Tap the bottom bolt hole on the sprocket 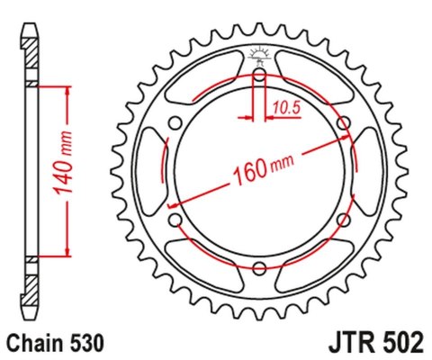coord(259,267)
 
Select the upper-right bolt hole coord(343,122)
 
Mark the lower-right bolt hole coord(343,219)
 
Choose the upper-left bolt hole coord(175,122)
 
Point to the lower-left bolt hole coord(175,219)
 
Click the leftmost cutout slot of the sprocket coord(149,171)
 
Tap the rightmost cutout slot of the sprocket coord(369,171)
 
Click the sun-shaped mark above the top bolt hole coord(259,54)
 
